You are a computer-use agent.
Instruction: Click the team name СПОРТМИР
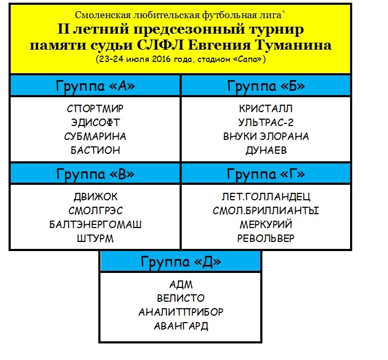click(95, 108)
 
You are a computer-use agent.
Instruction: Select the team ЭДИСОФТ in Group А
click(95, 122)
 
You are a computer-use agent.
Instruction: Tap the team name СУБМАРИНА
click(95, 136)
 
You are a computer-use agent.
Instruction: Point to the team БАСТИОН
click(95, 150)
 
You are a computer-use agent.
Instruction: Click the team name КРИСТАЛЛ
click(266, 108)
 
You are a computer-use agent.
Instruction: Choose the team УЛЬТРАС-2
click(266, 122)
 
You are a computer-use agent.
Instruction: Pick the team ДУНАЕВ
click(266, 150)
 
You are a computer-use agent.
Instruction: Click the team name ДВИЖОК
click(95, 197)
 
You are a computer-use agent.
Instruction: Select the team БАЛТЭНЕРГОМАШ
click(95, 224)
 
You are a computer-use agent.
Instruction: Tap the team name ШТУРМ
click(95, 238)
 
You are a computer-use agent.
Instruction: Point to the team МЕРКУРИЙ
click(266, 224)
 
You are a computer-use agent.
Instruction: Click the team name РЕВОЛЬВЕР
click(266, 238)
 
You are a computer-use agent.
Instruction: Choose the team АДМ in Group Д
click(181, 285)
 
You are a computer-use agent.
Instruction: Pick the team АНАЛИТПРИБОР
click(181, 312)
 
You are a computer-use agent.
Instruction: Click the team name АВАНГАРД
click(181, 326)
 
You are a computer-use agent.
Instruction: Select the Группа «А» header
click(95, 87)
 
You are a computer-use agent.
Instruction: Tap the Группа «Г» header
click(266, 174)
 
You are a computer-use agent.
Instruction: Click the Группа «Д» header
click(181, 262)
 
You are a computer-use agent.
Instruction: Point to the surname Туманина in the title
click(293, 45)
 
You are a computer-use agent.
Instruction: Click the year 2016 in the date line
click(161, 59)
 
